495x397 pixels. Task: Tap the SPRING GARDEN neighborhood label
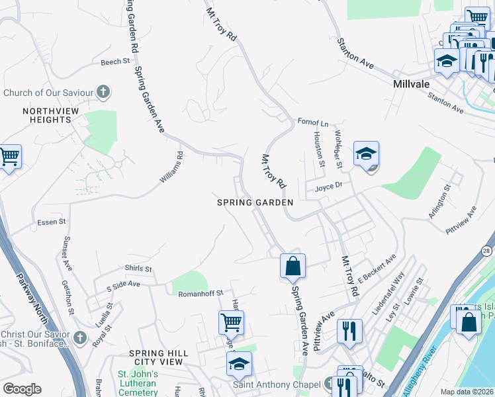pyautogui.click(x=255, y=202)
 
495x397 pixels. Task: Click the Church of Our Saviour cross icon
pyautogui.click(x=103, y=92)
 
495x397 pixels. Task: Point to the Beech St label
pyautogui.click(x=115, y=62)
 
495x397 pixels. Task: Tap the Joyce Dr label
pyautogui.click(x=328, y=186)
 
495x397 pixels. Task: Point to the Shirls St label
pyautogui.click(x=138, y=269)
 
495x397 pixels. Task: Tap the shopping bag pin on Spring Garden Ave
pyautogui.click(x=292, y=267)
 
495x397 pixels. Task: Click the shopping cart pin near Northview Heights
pyautogui.click(x=9, y=157)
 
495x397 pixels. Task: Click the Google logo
pyautogui.click(x=22, y=389)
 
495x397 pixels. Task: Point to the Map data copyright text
pyautogui.click(x=467, y=392)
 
